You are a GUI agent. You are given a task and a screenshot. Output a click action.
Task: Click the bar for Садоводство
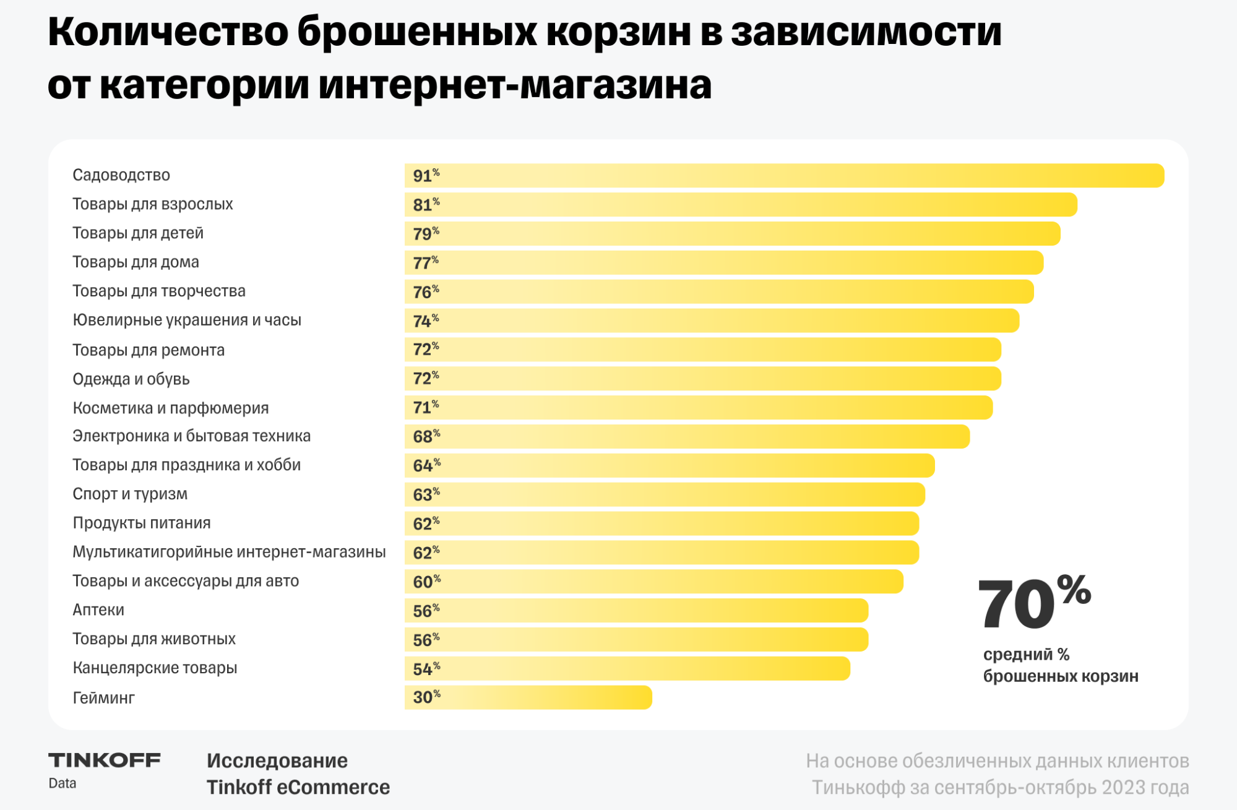point(784,176)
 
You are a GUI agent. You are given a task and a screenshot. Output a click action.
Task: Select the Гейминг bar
point(528,697)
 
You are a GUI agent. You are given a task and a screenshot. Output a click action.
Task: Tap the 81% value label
point(426,205)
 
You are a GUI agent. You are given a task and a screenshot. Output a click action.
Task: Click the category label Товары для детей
point(138,233)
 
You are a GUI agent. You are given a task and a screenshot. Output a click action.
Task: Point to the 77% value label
point(425,263)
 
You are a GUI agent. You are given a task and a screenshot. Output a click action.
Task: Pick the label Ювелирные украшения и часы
point(187,321)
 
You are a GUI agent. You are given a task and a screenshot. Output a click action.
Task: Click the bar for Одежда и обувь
point(702,379)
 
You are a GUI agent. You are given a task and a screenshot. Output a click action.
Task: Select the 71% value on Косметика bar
point(426,408)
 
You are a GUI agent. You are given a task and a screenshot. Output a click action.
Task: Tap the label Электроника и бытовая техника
point(191,436)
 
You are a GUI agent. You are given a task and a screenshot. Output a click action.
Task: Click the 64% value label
point(426,465)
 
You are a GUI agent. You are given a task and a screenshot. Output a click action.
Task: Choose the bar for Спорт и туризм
point(665,495)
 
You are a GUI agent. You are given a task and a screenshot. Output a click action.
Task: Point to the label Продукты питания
point(142,523)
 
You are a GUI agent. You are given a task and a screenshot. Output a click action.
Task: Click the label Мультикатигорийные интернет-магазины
point(229,552)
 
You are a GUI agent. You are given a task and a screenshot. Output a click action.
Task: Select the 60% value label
point(426,582)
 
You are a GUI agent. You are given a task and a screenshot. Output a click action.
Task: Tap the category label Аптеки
point(98,610)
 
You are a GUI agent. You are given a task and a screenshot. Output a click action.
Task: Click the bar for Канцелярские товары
point(627,669)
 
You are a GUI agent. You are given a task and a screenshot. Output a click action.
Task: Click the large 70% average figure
point(1033,604)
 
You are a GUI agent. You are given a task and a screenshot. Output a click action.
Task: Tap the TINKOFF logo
point(104,760)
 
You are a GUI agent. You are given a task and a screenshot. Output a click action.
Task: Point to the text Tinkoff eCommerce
point(298,788)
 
